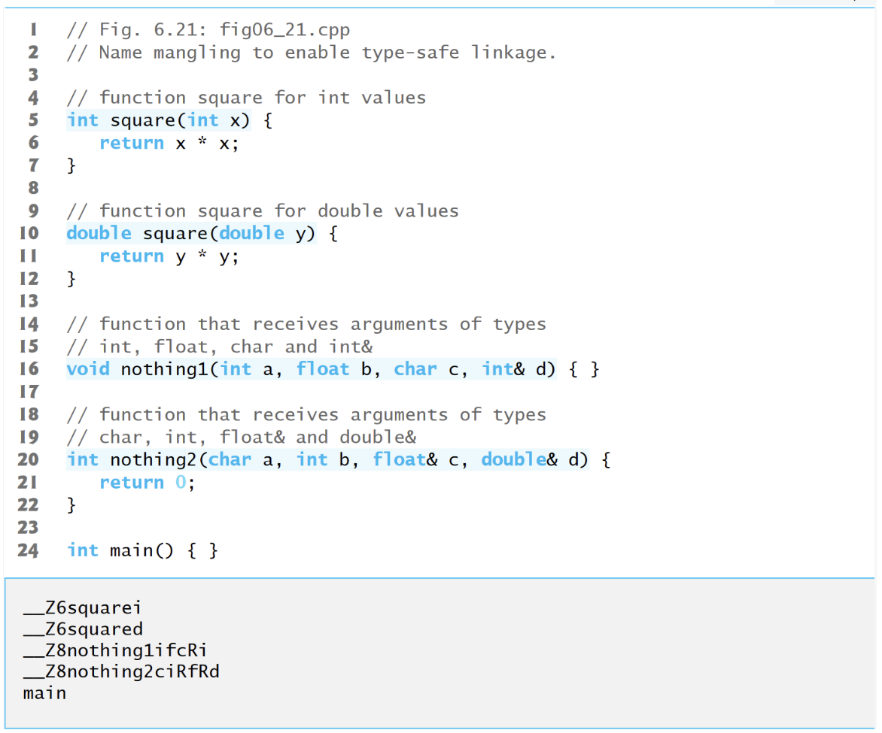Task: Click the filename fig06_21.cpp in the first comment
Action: [285, 30]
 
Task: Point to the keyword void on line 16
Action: [88, 369]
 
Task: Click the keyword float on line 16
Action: [323, 369]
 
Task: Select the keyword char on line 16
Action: [415, 369]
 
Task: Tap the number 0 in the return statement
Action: [181, 482]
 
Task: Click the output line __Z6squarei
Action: [83, 607]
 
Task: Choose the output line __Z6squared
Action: [83, 629]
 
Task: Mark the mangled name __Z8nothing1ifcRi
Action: [115, 650]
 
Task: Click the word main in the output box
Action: [44, 693]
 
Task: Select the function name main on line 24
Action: [132, 550]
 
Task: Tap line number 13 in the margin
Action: [29, 301]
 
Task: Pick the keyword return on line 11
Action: [132, 256]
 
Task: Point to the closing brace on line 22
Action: [71, 504]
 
